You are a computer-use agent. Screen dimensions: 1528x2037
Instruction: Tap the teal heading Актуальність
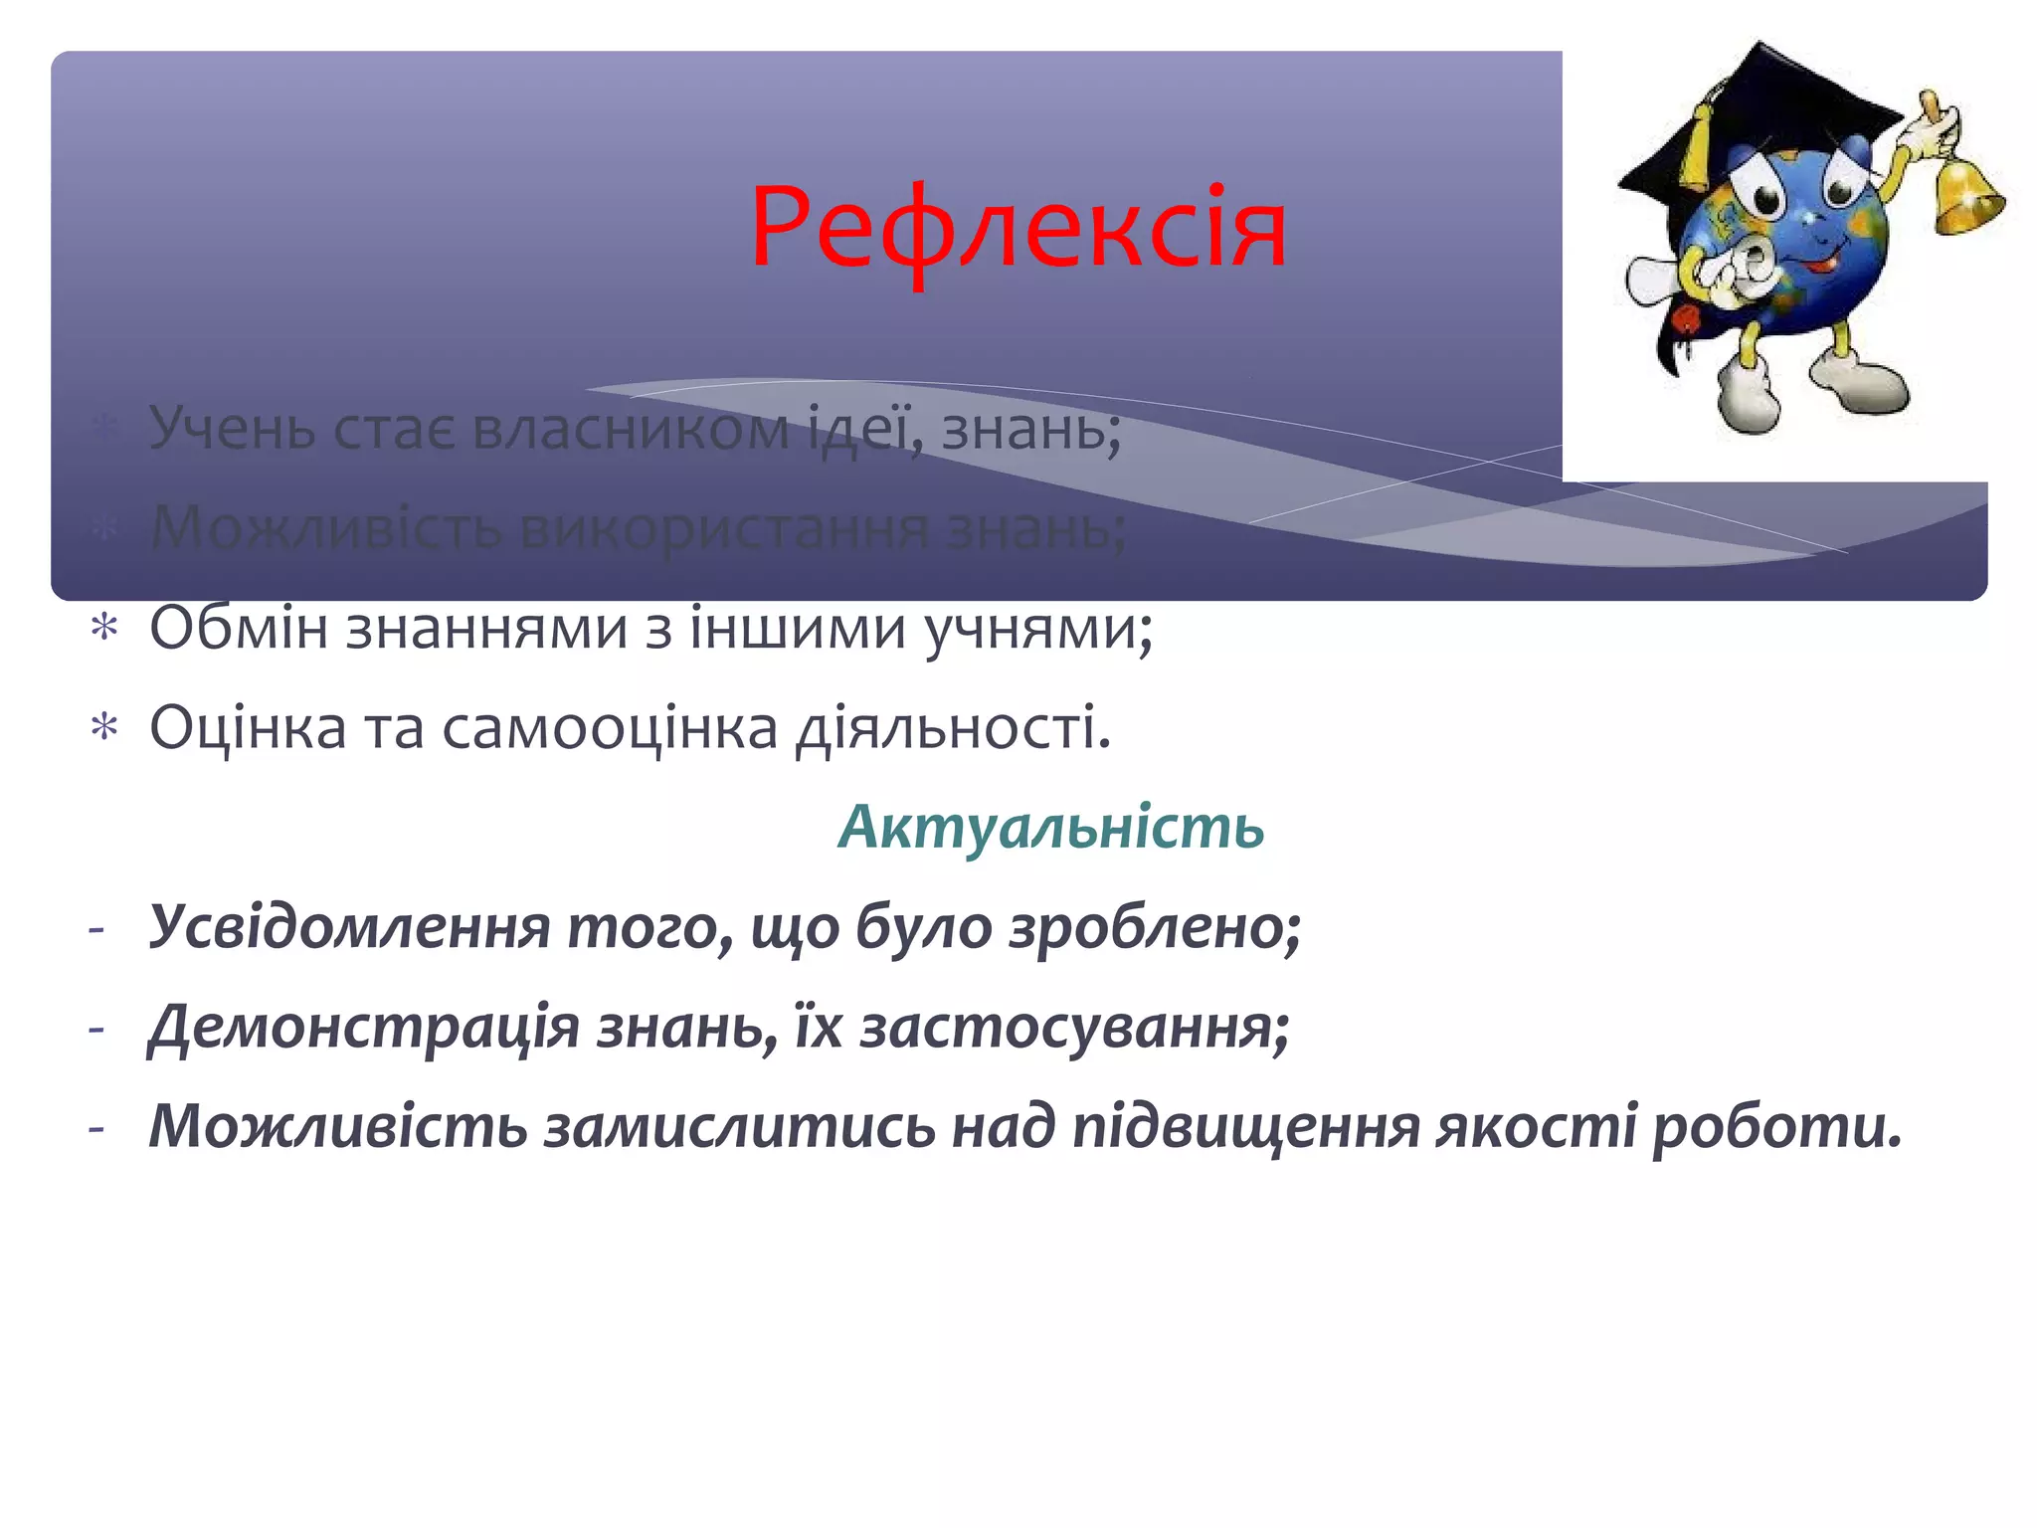coord(1050,827)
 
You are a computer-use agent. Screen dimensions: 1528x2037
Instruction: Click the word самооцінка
coord(610,727)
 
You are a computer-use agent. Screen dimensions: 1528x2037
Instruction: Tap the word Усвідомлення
coord(349,927)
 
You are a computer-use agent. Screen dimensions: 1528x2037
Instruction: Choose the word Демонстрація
coord(363,1027)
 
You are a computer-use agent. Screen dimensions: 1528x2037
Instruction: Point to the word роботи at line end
coord(1776,1126)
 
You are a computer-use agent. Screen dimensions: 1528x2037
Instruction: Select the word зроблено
coord(1154,927)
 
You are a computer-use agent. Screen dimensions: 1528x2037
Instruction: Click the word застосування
coord(1074,1027)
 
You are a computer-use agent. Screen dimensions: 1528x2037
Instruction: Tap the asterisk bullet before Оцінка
coord(104,728)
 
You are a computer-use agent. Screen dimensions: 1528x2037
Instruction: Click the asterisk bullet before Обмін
coord(104,629)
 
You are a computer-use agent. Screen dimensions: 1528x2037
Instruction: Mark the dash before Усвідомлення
coord(96,929)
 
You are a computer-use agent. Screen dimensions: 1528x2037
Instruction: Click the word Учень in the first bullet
coord(232,429)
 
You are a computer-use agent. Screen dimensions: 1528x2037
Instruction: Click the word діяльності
coord(952,727)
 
